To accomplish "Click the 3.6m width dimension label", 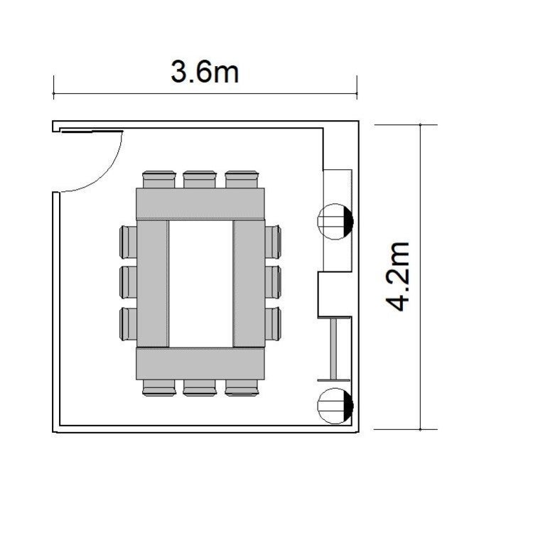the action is tap(205, 72).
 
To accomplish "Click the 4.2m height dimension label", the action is tap(398, 276).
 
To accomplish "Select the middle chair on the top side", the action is tap(200, 179).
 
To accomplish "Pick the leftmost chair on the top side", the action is tap(159, 179).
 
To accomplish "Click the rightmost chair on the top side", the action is tap(242, 179).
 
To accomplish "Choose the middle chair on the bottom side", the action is tap(200, 388).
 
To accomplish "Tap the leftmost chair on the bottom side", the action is tap(159, 388).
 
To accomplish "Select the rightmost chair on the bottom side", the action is tap(242, 388).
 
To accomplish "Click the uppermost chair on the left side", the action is tap(128, 242).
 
